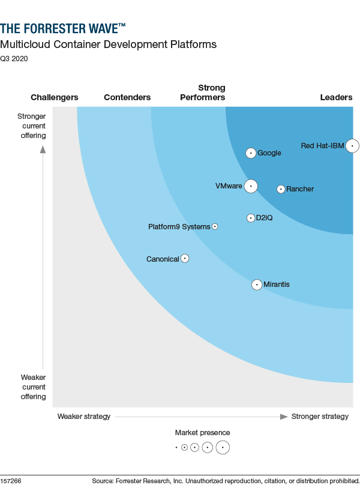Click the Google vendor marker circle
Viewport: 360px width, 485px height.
coord(251,153)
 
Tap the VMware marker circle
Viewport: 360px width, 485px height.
coord(251,186)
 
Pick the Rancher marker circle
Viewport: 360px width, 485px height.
coord(281,189)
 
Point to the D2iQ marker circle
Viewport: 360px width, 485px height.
coord(251,218)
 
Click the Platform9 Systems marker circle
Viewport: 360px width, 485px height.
coord(215,227)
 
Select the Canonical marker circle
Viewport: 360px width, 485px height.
coord(185,259)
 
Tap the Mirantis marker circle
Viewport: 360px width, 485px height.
coord(257,285)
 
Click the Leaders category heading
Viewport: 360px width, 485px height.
coord(336,97)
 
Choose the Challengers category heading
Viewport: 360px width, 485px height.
coord(55,97)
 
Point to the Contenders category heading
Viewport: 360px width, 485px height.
coord(127,97)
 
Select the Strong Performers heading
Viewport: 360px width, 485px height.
coord(203,92)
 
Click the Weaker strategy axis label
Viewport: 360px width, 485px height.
coord(84,417)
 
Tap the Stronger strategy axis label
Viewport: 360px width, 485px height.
coord(319,417)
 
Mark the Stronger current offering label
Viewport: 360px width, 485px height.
coord(32,125)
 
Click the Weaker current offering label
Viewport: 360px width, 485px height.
coord(34,387)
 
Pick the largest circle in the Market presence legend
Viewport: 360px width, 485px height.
coord(223,447)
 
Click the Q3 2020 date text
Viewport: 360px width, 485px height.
coord(14,59)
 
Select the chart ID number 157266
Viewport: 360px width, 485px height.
coord(11,481)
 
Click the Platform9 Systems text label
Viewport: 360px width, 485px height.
coord(179,227)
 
